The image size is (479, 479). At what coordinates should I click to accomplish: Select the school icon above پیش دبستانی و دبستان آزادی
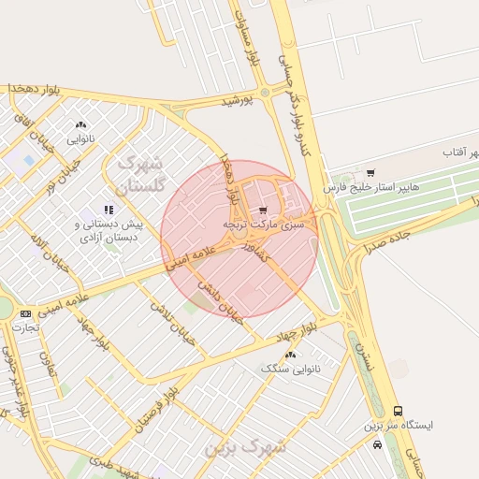point(109,210)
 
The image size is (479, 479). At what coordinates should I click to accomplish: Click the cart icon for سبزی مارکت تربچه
point(263,210)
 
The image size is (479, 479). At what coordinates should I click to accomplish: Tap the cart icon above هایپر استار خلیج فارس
point(371,172)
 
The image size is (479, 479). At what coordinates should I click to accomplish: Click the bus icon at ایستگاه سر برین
point(399,410)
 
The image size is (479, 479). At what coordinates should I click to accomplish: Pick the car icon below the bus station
point(377,445)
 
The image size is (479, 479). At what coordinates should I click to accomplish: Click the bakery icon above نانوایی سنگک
point(290,354)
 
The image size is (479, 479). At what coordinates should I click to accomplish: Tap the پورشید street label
point(238,100)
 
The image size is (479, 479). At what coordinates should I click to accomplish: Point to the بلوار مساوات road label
point(251,37)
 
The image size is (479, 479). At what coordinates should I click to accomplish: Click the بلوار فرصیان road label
point(155,399)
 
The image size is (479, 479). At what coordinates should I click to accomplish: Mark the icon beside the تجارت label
point(25,313)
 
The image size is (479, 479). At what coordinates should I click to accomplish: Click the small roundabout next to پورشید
point(265,91)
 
